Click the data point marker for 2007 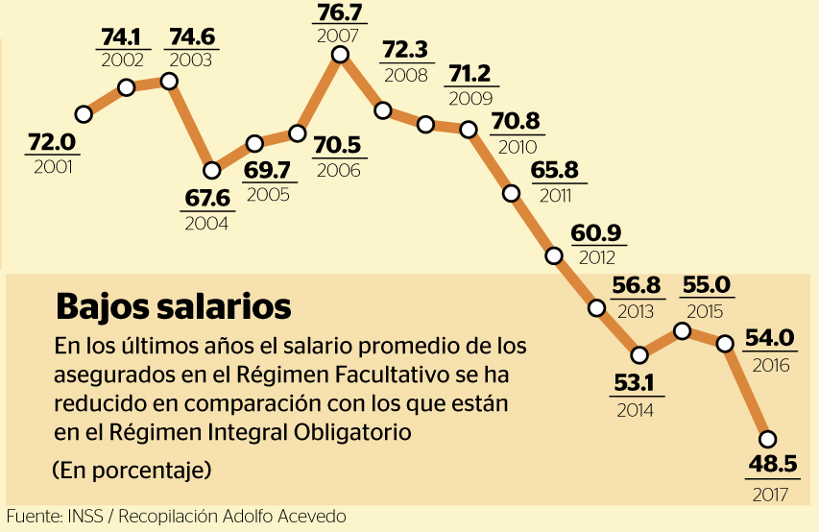(x=340, y=55)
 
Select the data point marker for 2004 (x=212, y=171)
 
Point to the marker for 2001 (x=84, y=114)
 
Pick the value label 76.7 (x=338, y=14)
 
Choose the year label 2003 (x=191, y=60)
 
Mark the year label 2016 (x=771, y=366)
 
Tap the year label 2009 (x=470, y=98)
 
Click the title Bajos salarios (x=173, y=307)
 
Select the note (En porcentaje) (x=131, y=471)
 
